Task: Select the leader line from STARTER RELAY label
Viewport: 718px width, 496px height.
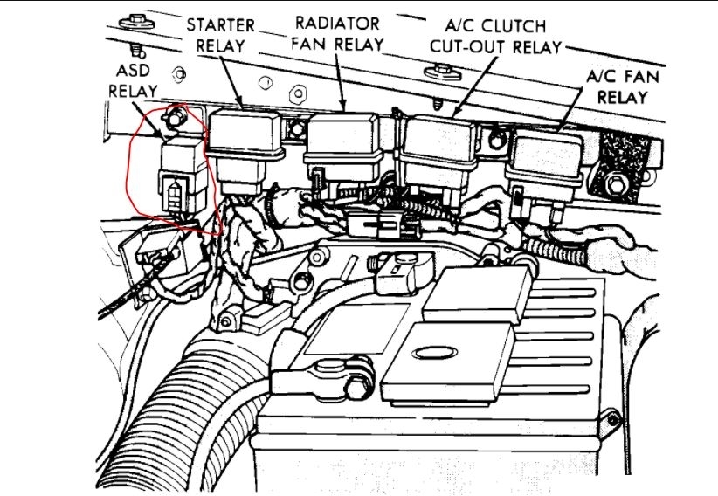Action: point(229,83)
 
